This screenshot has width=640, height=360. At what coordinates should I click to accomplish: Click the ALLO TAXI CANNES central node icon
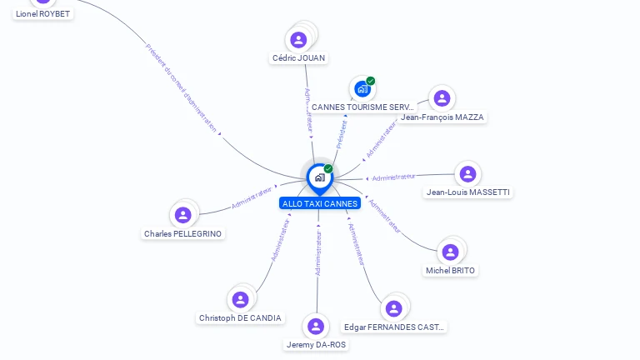click(319, 177)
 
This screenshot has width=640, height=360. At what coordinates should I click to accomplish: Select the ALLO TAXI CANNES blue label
click(320, 203)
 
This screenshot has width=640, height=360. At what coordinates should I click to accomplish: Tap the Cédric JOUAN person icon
click(298, 39)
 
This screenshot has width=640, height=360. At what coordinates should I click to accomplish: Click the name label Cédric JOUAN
click(299, 58)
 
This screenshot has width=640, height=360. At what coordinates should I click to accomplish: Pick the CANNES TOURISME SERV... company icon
click(362, 88)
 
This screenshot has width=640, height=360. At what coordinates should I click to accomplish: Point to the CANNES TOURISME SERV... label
click(362, 107)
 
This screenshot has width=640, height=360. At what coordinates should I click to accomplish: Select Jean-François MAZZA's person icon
click(442, 98)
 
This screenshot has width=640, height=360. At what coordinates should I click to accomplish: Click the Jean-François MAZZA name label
click(442, 117)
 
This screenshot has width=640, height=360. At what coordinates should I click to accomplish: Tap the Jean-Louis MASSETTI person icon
click(467, 173)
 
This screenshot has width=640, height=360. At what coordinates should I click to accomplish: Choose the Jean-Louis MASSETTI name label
click(468, 192)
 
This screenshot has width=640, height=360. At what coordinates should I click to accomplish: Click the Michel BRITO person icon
click(451, 252)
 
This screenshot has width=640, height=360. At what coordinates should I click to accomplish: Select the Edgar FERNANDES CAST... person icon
click(394, 308)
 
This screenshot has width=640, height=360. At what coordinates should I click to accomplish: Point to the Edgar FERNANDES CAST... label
click(395, 327)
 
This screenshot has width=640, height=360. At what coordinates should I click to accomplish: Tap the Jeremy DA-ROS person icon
click(316, 326)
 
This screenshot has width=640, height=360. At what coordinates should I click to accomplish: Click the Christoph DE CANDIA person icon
click(241, 299)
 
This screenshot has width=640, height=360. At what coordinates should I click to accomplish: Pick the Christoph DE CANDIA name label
click(241, 318)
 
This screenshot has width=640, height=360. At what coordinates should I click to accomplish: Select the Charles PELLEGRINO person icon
click(183, 215)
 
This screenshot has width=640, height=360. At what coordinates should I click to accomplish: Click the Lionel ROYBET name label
click(43, 13)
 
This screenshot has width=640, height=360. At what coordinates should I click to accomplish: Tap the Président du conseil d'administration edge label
click(181, 87)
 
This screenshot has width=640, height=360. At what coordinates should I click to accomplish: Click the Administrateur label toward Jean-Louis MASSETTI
click(393, 177)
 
